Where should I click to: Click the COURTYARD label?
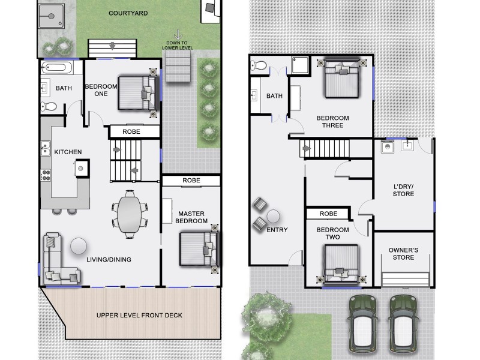(x=129, y=13)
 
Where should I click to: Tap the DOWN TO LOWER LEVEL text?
(x=177, y=46)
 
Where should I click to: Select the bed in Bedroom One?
(x=136, y=92)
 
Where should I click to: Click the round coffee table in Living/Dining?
(x=79, y=245)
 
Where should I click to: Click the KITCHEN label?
(x=68, y=152)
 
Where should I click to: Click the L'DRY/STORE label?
(x=403, y=190)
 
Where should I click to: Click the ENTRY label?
(x=277, y=230)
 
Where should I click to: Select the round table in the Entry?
(x=274, y=215)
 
